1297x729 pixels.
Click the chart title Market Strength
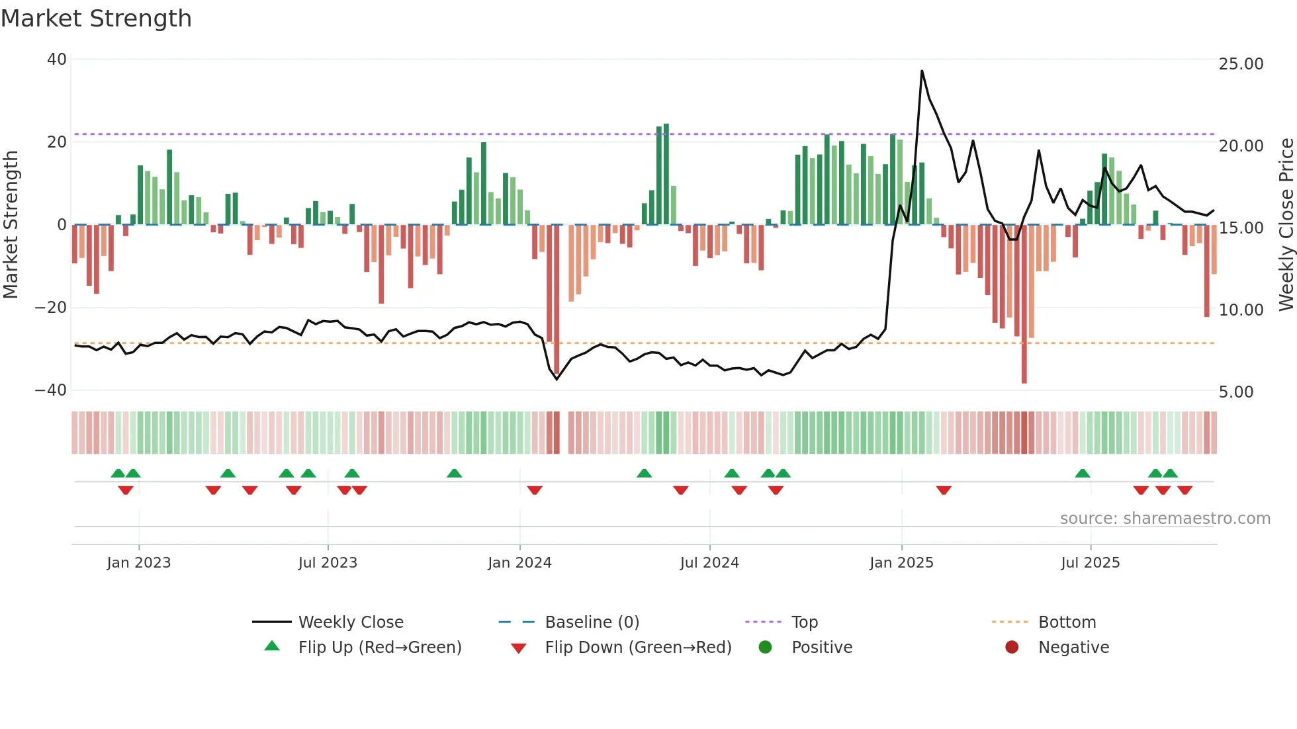pos(96,19)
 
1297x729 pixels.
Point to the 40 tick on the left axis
pos(57,60)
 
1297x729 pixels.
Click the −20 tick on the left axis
pos(51,308)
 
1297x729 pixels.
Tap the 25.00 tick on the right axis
pos(1241,64)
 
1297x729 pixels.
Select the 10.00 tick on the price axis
pos(1241,310)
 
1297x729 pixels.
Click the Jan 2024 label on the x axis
pos(519,563)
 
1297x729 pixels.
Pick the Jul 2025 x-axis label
pos(1090,563)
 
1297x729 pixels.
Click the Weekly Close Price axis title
pos(1286,225)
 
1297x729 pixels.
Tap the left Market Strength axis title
pos(11,225)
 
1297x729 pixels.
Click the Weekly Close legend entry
pos(350,622)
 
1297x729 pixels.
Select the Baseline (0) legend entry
pos(592,622)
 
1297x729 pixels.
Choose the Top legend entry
pos(804,622)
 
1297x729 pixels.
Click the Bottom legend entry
pos(1067,622)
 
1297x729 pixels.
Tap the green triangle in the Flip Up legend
pos(272,646)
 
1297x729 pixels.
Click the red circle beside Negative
pos(1012,647)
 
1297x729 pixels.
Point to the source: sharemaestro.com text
pos(1165,519)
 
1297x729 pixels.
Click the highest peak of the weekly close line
pos(922,71)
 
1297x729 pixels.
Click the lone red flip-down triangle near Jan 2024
pos(535,490)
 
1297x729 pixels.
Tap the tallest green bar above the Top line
pos(666,173)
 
